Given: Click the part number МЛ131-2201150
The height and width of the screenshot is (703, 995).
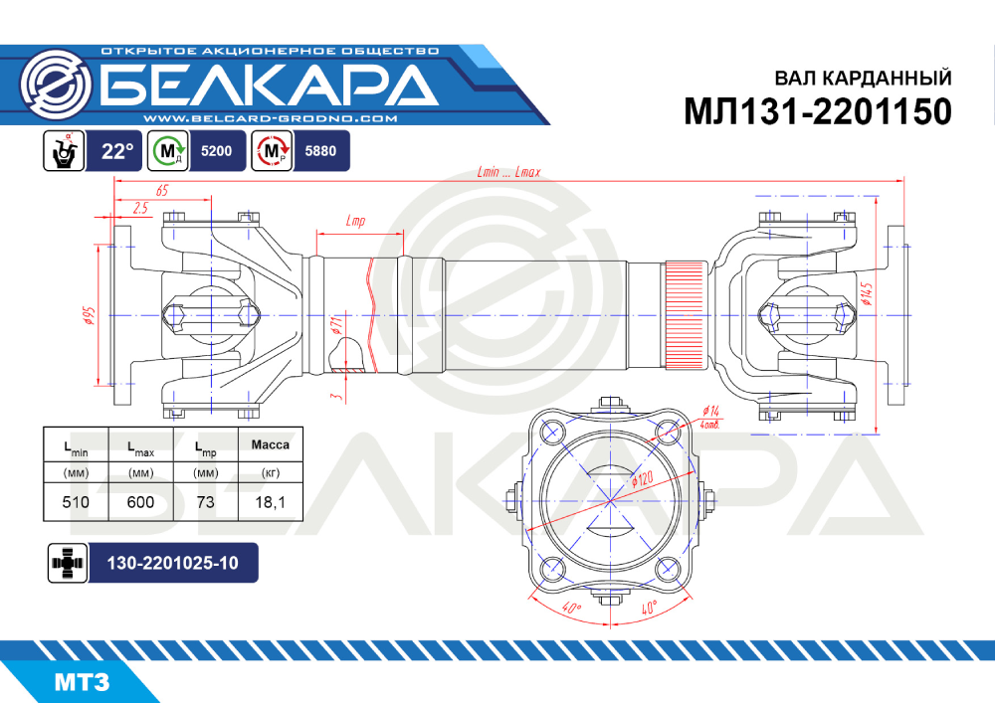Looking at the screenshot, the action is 817,111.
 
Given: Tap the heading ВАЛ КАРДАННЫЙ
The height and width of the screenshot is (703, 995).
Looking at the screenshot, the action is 863,78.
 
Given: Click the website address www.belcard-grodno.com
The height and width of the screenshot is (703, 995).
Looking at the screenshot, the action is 271,118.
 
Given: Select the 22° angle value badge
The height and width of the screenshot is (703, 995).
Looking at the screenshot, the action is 117,151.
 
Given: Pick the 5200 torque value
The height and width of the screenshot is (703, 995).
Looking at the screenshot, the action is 216,151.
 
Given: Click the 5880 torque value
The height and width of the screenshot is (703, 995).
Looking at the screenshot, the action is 320,151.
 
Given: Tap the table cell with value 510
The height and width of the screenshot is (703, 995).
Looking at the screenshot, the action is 76,502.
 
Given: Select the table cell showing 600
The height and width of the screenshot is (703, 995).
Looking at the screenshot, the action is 141,502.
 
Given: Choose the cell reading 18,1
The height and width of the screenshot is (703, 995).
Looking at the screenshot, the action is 271,502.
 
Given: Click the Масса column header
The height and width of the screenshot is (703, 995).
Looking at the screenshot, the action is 271,445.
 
